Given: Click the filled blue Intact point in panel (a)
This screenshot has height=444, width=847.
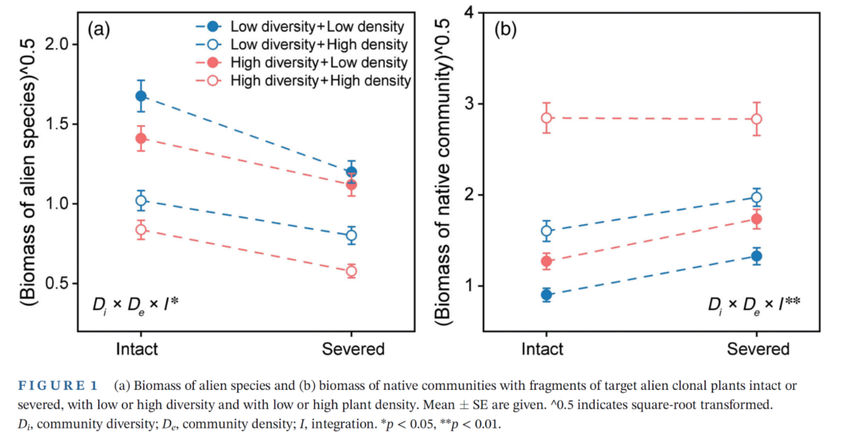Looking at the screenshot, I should [141, 96].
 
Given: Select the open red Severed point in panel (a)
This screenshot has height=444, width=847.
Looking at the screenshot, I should [351, 271].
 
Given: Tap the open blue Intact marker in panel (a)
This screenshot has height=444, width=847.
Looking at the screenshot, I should [141, 201].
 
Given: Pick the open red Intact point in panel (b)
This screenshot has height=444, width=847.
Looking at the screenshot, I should [546, 118].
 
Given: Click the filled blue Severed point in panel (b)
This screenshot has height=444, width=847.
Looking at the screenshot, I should [757, 256].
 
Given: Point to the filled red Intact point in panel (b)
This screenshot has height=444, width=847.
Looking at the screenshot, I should [546, 261].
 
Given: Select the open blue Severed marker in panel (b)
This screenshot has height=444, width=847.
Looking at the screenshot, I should [757, 198].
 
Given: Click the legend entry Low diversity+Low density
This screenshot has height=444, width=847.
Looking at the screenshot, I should [317, 27].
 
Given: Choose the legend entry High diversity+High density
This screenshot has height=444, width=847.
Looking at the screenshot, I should [320, 81].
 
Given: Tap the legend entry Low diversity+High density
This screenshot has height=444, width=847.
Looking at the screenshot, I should [319, 45].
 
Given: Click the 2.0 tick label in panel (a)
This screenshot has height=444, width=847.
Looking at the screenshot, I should [57, 44].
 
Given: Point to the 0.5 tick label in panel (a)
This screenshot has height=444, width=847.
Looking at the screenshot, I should [57, 283].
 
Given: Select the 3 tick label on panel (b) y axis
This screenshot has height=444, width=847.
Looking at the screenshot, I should [469, 103].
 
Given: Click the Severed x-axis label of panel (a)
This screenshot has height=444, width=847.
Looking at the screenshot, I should [353, 349].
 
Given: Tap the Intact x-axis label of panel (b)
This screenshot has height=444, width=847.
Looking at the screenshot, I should [542, 349].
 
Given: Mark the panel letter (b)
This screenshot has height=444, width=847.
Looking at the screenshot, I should [505, 29].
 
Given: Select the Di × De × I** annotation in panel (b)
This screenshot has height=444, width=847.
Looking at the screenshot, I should [753, 305].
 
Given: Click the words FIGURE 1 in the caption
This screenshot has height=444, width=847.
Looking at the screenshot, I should [58, 385].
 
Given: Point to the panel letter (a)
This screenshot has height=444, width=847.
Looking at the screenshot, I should [99, 29].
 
